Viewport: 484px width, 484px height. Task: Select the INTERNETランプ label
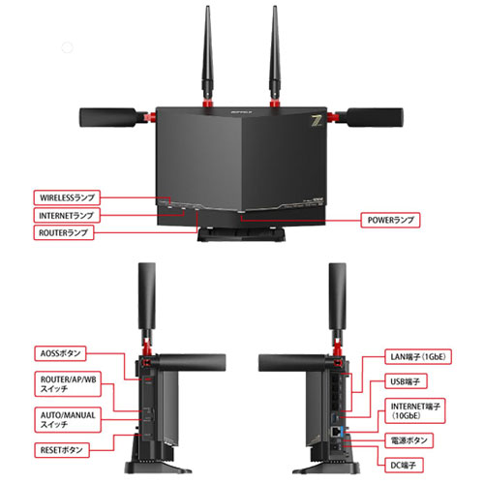[68, 214]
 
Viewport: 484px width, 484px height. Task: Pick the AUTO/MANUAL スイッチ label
[68, 417]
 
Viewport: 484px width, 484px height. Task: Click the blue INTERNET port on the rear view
[335, 427]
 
